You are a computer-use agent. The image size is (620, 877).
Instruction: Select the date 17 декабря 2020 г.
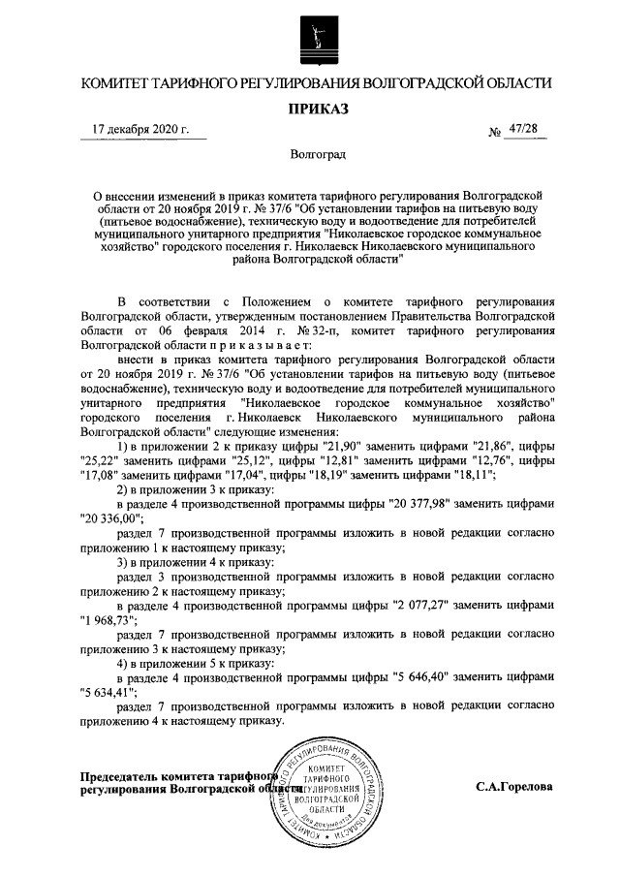140,129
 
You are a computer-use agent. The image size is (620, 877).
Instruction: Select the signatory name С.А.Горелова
514,787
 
